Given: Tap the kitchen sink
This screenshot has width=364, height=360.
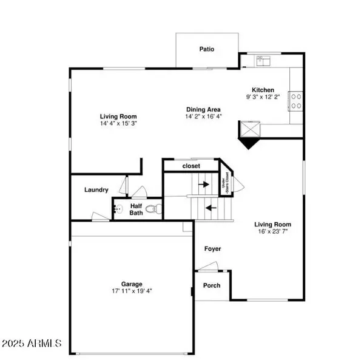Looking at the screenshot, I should [x=263, y=60].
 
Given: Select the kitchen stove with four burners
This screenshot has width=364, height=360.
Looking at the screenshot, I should [x=296, y=100].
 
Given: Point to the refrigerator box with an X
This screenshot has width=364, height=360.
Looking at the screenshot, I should [x=249, y=129].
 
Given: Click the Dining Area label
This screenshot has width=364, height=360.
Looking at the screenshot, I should [x=203, y=109].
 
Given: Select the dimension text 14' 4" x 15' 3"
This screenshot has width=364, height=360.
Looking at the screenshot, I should [x=118, y=124].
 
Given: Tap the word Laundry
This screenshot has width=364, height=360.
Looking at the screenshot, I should [x=96, y=190].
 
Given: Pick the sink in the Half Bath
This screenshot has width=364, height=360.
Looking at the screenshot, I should [x=118, y=209].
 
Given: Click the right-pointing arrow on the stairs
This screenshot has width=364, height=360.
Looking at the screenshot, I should [x=204, y=184].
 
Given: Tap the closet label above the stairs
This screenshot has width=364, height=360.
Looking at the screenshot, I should [x=190, y=165].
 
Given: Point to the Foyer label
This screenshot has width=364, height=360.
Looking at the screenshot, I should [x=212, y=249].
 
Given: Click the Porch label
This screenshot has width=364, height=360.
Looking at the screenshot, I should [x=211, y=285].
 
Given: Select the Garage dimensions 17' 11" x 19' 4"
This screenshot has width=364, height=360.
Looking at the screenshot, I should [x=131, y=291].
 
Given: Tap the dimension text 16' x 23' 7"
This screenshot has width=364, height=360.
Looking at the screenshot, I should [x=272, y=231].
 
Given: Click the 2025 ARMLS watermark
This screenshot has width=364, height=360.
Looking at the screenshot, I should [x=32, y=344].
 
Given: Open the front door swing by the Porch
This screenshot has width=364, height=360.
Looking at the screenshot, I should [x=208, y=266].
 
